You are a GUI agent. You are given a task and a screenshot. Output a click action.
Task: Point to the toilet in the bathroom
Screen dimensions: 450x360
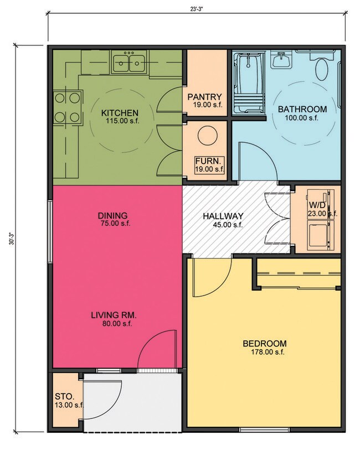321,68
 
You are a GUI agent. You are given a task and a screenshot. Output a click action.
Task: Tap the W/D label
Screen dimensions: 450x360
316,205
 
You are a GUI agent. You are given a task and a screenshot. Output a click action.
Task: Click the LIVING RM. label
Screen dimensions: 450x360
114,315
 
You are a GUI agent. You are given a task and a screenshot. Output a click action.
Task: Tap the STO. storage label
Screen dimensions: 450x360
61,396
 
